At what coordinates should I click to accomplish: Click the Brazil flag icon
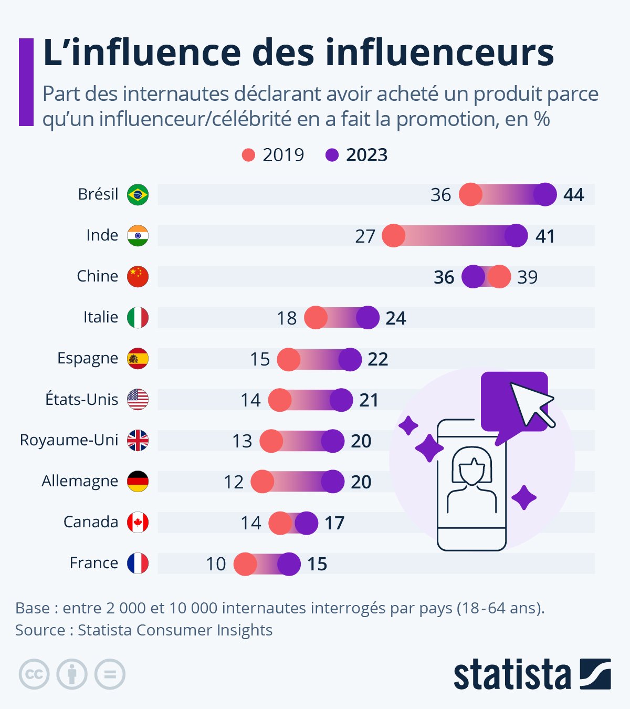tap(138, 195)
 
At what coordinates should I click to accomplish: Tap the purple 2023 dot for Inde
tap(516, 236)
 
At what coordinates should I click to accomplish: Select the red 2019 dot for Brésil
tap(470, 195)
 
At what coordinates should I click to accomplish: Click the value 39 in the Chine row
tap(527, 277)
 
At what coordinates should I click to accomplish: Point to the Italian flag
tap(138, 318)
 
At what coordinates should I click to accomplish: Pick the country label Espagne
tap(88, 358)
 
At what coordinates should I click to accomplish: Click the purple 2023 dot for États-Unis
tap(341, 400)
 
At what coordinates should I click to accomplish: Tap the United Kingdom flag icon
tap(138, 441)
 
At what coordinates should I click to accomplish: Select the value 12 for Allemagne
tap(234, 482)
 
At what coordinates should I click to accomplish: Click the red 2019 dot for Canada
tap(280, 523)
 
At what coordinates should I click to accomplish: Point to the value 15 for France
tap(317, 564)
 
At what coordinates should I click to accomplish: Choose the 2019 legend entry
tap(273, 155)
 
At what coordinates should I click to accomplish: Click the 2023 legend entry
tap(357, 155)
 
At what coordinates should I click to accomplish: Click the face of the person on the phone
tap(472, 470)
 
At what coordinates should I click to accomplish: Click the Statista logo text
tap(512, 674)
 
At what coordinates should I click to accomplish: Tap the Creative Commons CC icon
tap(34, 674)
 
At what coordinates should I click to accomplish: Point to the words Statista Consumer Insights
tap(175, 630)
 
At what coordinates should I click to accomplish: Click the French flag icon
tap(138, 564)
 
